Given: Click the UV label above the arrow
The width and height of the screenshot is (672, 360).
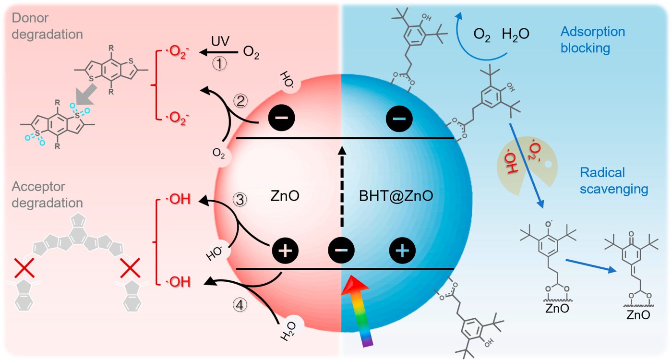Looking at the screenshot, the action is click(x=220, y=41).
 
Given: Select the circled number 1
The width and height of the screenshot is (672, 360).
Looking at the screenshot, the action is click(x=220, y=63).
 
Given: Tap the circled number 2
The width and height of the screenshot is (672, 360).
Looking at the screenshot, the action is click(x=240, y=101).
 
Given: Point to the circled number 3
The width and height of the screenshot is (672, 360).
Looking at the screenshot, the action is click(x=240, y=200).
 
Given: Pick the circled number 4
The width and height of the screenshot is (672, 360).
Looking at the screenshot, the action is click(x=240, y=305).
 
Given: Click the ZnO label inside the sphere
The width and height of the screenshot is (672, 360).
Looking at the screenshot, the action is click(x=285, y=196).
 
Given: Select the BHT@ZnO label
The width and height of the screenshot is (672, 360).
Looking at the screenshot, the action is click(x=396, y=196).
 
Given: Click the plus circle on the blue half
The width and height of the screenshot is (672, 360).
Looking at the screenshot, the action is click(x=402, y=251).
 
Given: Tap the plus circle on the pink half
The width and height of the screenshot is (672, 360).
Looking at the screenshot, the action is click(x=285, y=251).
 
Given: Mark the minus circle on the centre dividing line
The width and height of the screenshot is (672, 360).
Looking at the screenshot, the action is click(x=341, y=250).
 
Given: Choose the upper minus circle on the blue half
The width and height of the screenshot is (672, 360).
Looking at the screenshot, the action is click(x=399, y=119).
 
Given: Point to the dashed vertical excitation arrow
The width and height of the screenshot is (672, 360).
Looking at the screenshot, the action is click(x=342, y=186).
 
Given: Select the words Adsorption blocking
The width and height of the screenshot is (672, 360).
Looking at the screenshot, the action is click(x=592, y=40).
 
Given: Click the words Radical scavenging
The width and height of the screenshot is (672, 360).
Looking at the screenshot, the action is click(x=614, y=181).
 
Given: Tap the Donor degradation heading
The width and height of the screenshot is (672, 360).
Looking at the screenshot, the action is click(x=47, y=26).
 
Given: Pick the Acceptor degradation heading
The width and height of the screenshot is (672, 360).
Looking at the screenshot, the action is click(x=47, y=195).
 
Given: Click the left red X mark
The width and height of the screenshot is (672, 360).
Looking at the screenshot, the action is click(x=24, y=268).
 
